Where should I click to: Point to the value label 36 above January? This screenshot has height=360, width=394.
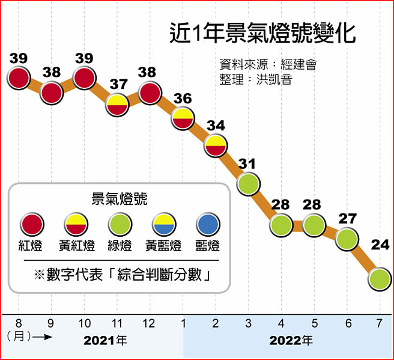[x=183, y=98]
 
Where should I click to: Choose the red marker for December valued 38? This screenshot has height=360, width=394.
[x=149, y=92]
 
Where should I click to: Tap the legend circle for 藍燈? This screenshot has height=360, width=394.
[x=208, y=225]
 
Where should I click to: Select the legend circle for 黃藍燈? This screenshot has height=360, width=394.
[x=163, y=225]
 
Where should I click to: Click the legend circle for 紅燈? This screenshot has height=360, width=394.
[x=32, y=225]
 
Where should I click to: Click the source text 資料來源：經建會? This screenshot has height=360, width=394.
[x=268, y=65]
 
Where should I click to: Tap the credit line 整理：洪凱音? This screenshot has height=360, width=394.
[x=256, y=79]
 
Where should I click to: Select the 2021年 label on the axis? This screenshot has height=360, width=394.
[x=105, y=341]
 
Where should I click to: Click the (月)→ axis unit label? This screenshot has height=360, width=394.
[x=28, y=338]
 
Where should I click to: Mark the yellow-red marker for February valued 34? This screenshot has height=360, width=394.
[x=215, y=145]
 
